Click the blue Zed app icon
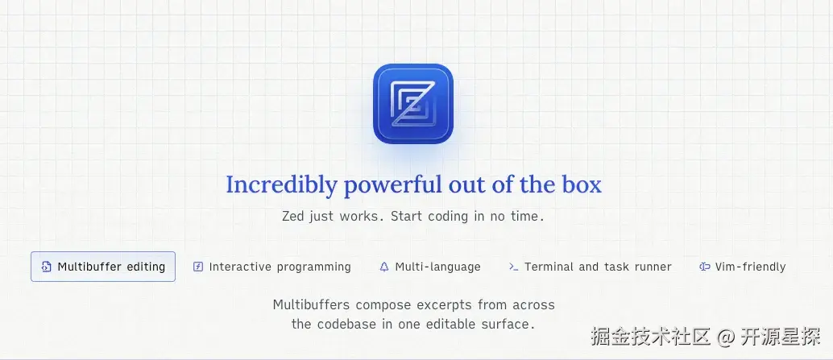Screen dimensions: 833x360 (412, 104)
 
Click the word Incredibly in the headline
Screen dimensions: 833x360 (282, 184)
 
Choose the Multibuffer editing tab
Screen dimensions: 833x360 (103, 267)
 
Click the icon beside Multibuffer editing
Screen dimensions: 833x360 (46, 267)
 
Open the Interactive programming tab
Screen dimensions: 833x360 (271, 267)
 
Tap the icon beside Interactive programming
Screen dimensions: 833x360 (198, 267)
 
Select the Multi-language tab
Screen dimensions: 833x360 (429, 267)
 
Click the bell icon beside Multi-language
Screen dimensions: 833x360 (384, 267)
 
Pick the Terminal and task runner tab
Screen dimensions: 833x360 (591, 267)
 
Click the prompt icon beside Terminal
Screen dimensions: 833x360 (514, 267)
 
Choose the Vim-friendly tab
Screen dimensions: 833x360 (742, 267)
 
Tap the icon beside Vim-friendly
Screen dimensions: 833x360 (705, 267)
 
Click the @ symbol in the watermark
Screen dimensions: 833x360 (725, 337)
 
